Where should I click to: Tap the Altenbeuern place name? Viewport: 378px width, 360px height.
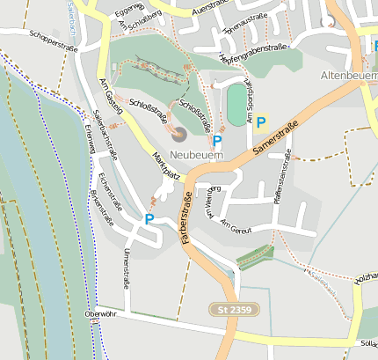coord(349,76)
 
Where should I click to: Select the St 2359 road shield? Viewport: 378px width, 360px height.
coord(236,309)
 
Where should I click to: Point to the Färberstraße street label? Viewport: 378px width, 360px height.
coord(186,220)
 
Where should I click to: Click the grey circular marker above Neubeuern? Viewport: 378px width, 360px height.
coord(178,134)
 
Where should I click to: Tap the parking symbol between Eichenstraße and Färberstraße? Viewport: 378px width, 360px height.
coord(149,219)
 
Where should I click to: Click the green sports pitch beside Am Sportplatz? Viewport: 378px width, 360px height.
coord(236,105)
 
